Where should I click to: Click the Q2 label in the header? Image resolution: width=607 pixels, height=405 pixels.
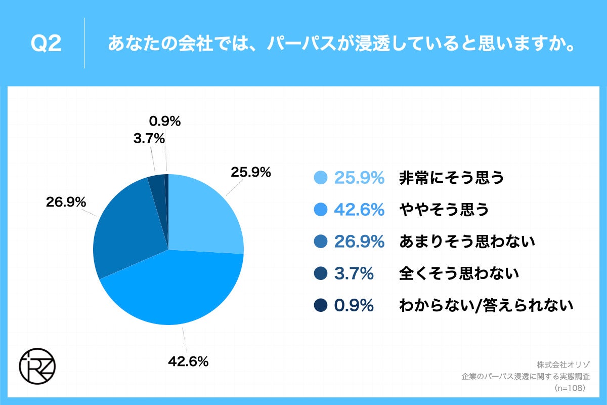(x=46, y=44)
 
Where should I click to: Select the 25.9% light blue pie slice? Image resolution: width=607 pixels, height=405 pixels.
(x=205, y=213)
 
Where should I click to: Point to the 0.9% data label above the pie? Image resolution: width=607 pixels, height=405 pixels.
(x=165, y=121)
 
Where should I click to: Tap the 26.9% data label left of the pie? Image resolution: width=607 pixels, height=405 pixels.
(x=66, y=202)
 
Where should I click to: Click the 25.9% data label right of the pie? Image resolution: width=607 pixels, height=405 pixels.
(x=251, y=172)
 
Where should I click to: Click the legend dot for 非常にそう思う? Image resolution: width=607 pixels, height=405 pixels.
(x=321, y=178)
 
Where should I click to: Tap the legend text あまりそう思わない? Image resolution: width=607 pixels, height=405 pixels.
(x=467, y=242)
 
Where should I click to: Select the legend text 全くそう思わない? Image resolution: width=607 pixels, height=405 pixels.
(x=459, y=274)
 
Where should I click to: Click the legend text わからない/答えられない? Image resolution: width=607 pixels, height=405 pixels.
(x=486, y=306)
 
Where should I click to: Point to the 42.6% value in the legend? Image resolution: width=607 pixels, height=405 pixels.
(x=359, y=210)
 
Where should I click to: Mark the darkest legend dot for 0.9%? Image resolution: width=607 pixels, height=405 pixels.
(x=321, y=306)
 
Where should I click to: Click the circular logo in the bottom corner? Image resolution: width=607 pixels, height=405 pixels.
(x=37, y=365)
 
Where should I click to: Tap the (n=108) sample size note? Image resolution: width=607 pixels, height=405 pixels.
(x=570, y=388)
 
